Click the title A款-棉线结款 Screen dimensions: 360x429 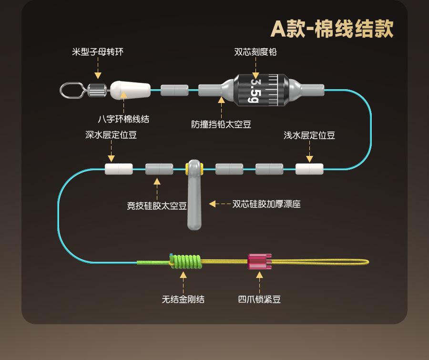click(332, 29)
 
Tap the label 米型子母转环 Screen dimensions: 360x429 click(98, 51)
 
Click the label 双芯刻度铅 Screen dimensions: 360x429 click(255, 51)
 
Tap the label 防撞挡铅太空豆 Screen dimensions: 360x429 click(221, 124)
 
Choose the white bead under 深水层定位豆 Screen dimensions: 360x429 click(119, 169)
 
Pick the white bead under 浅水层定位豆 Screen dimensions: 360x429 click(309, 169)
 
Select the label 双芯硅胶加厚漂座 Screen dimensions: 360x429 click(266, 204)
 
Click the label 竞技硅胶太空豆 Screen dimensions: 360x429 click(156, 206)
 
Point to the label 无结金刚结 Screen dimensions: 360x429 click(183, 299)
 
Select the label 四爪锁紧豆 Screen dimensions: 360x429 click(259, 299)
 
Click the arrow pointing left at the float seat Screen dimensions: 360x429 click(219, 204)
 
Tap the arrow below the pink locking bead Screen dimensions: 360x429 click(259, 281)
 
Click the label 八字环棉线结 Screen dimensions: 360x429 click(123, 119)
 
